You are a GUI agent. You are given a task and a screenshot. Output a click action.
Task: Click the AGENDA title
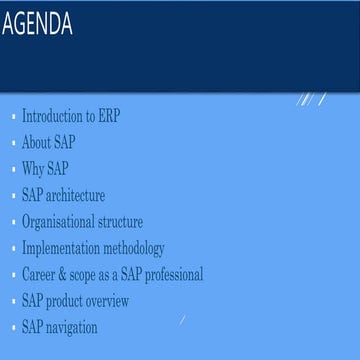(x=37, y=24)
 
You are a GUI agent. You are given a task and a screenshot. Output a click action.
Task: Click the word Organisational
(x=61, y=222)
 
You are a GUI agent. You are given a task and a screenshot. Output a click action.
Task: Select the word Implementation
(x=62, y=248)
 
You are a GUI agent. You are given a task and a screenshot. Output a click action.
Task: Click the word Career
(x=40, y=274)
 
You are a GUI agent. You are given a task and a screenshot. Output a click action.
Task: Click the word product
(x=72, y=300)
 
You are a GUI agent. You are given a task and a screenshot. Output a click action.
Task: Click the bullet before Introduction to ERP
(x=14, y=118)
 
